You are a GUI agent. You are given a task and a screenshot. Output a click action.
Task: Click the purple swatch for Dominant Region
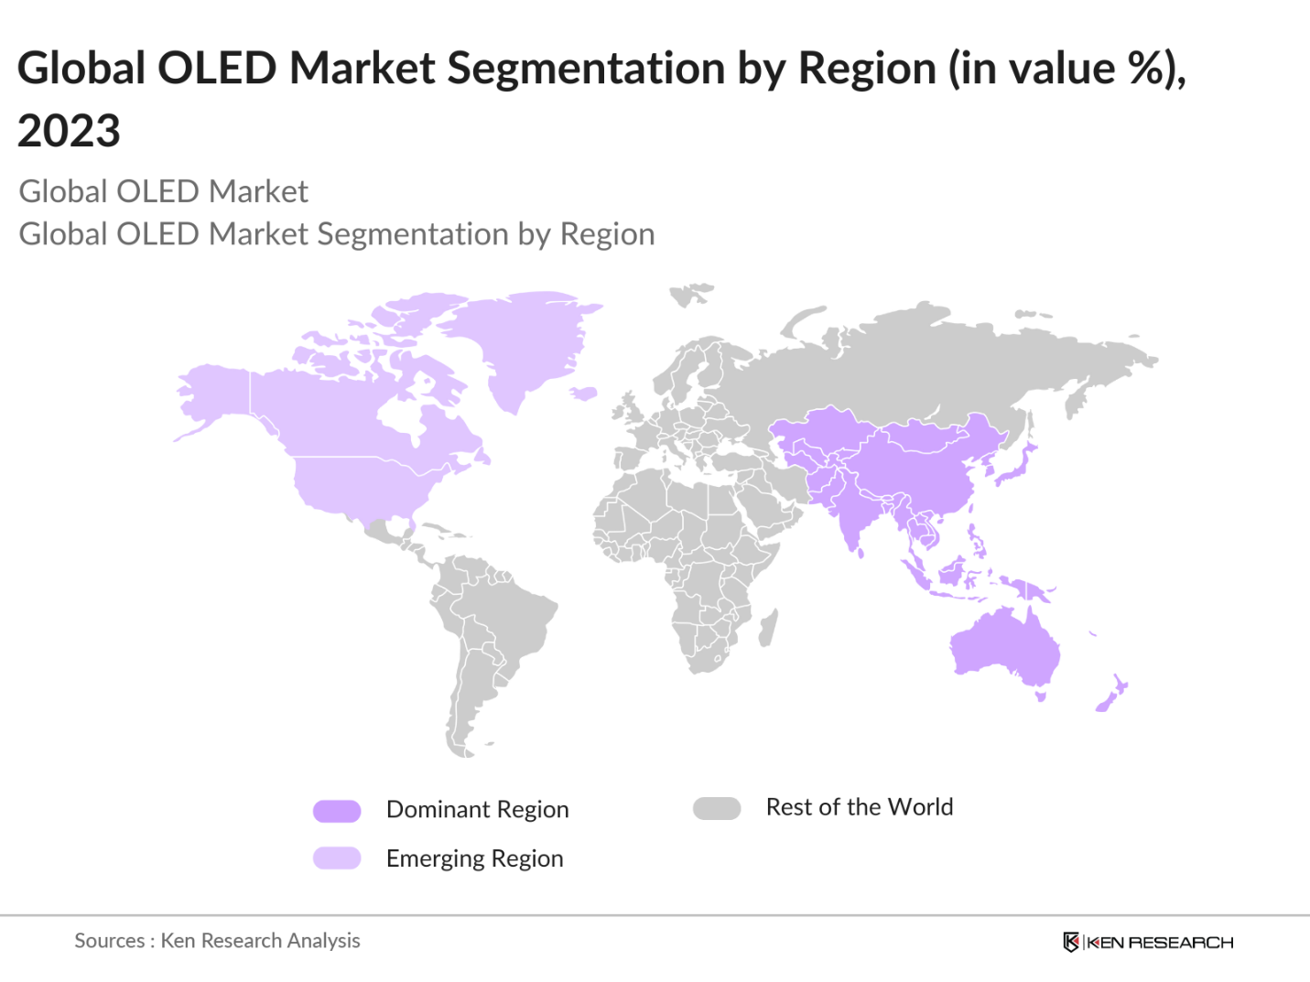(x=337, y=811)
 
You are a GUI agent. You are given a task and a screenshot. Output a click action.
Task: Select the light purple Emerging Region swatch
(x=337, y=858)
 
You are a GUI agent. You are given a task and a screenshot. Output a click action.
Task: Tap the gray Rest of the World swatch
(x=717, y=809)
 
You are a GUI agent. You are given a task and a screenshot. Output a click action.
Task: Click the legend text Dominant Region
(x=477, y=810)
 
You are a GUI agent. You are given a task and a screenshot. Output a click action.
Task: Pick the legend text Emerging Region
(x=474, y=858)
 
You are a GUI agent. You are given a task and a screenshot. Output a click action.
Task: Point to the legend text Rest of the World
(x=859, y=807)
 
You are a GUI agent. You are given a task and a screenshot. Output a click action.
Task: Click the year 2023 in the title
(x=69, y=131)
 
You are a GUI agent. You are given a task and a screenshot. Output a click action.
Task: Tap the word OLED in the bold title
(x=217, y=69)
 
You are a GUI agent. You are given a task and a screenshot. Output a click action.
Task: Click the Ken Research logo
(x=1148, y=942)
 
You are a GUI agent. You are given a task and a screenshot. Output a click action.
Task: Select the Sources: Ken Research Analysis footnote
(x=217, y=941)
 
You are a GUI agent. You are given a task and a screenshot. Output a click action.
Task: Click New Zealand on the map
(x=1110, y=696)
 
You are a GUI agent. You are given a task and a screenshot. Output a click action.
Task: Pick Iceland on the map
(x=583, y=394)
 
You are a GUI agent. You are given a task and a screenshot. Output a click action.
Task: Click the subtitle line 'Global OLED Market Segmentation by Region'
(x=337, y=234)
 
